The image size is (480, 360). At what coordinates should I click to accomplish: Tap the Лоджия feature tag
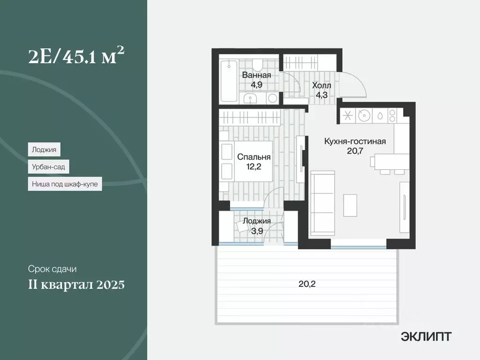click(x=44, y=150)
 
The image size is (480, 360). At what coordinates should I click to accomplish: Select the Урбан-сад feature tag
click(x=47, y=167)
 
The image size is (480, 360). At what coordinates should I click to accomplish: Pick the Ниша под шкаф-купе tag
click(x=65, y=184)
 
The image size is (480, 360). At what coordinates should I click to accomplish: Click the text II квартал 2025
click(x=76, y=285)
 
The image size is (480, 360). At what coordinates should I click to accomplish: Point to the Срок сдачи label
click(x=52, y=269)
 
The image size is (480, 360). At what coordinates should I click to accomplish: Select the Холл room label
click(x=322, y=86)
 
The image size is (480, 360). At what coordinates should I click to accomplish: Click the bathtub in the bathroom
click(x=229, y=80)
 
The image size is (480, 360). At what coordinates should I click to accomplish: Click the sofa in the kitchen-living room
click(x=322, y=202)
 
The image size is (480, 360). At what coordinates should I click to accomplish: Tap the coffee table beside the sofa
click(x=349, y=206)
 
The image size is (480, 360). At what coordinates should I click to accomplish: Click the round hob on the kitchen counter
click(x=363, y=115)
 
